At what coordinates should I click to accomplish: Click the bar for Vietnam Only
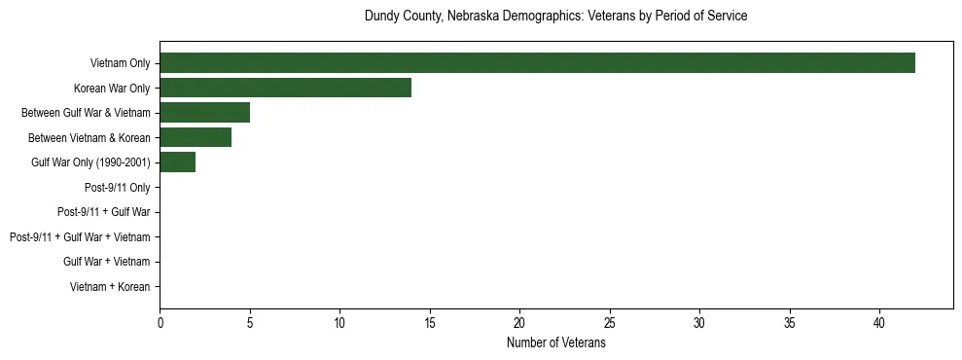tap(537, 63)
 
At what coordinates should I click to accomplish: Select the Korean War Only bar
tap(285, 88)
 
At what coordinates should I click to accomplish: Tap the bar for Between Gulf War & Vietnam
tap(204, 113)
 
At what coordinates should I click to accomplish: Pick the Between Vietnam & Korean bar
tap(196, 137)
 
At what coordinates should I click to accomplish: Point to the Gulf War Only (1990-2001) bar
tap(177, 162)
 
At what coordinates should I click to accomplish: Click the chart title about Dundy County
tap(555, 17)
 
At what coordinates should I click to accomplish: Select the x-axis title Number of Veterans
tap(555, 343)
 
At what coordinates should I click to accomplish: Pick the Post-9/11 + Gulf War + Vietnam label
tap(80, 237)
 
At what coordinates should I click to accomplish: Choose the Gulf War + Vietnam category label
tap(106, 262)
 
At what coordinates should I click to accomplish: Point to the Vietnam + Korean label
tap(110, 287)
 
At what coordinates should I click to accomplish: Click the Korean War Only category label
tap(112, 88)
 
